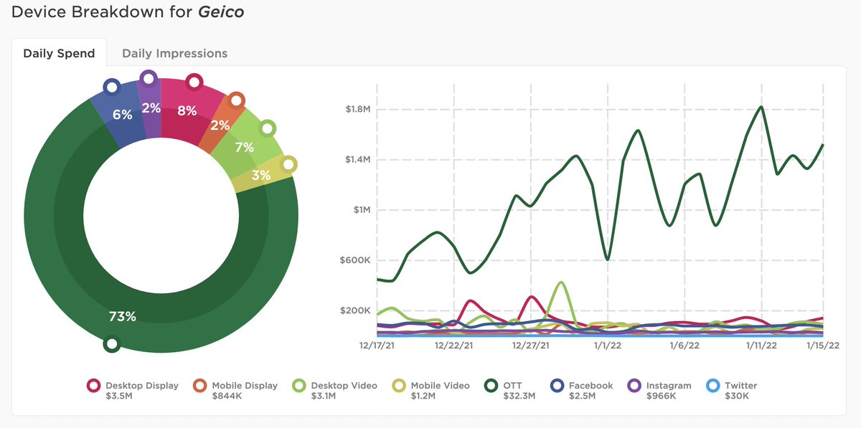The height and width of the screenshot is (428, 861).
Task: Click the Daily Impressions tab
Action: tap(174, 54)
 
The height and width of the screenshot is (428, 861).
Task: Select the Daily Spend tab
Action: tap(59, 54)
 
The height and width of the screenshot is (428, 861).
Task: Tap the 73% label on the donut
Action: tap(122, 316)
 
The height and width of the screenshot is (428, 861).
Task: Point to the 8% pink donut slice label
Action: tap(187, 110)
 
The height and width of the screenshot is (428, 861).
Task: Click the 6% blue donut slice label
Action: tap(123, 115)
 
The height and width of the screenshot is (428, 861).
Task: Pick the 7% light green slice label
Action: tap(244, 147)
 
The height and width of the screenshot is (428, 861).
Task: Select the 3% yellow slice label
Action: tap(260, 175)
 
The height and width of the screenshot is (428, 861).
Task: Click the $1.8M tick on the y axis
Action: tap(357, 110)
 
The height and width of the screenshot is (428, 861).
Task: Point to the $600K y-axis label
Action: tap(355, 261)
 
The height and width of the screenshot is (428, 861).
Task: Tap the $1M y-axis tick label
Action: tap(361, 210)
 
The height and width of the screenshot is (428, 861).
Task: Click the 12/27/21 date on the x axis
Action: tap(531, 346)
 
